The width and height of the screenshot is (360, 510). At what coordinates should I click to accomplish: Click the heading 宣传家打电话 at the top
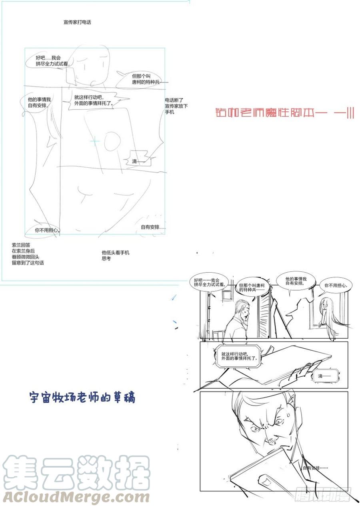coord(77,22)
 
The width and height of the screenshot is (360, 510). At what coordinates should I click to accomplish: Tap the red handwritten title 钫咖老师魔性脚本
coord(284,113)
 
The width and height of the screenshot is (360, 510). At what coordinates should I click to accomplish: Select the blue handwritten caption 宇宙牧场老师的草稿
coord(82,397)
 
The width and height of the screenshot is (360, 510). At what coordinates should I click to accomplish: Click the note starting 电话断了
coord(176,106)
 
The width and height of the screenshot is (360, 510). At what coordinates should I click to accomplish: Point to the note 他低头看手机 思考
coord(115,255)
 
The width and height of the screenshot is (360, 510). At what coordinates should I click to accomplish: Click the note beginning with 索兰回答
coord(28,253)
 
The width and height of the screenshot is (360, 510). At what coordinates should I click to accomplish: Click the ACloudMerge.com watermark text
coord(76,497)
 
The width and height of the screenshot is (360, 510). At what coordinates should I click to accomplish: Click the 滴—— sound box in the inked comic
coord(325,376)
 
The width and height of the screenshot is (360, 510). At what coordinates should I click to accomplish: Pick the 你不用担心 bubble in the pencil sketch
coord(47,230)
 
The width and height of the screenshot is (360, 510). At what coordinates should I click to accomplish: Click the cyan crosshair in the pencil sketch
coord(95,141)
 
